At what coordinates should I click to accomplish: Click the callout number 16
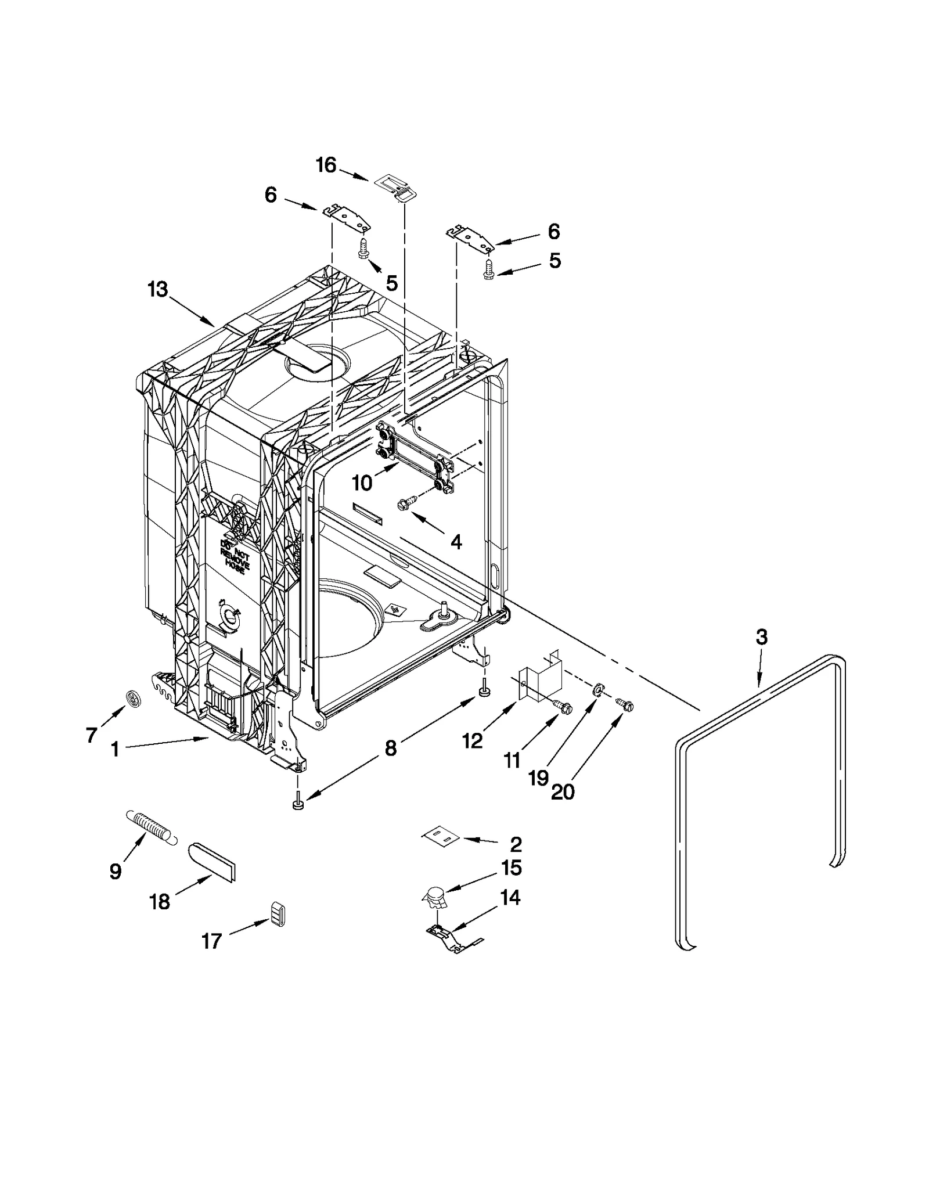[x=326, y=165]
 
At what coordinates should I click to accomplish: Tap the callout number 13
[x=157, y=289]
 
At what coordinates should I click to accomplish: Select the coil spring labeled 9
[x=150, y=827]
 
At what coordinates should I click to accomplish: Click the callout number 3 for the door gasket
[x=761, y=637]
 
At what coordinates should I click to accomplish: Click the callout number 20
[x=563, y=791]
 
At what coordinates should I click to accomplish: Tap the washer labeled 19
[x=596, y=690]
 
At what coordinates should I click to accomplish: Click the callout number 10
[x=362, y=483]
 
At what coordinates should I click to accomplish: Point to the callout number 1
[x=115, y=750]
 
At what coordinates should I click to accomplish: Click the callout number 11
[x=512, y=760]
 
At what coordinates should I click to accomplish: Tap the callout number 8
[x=391, y=748]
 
